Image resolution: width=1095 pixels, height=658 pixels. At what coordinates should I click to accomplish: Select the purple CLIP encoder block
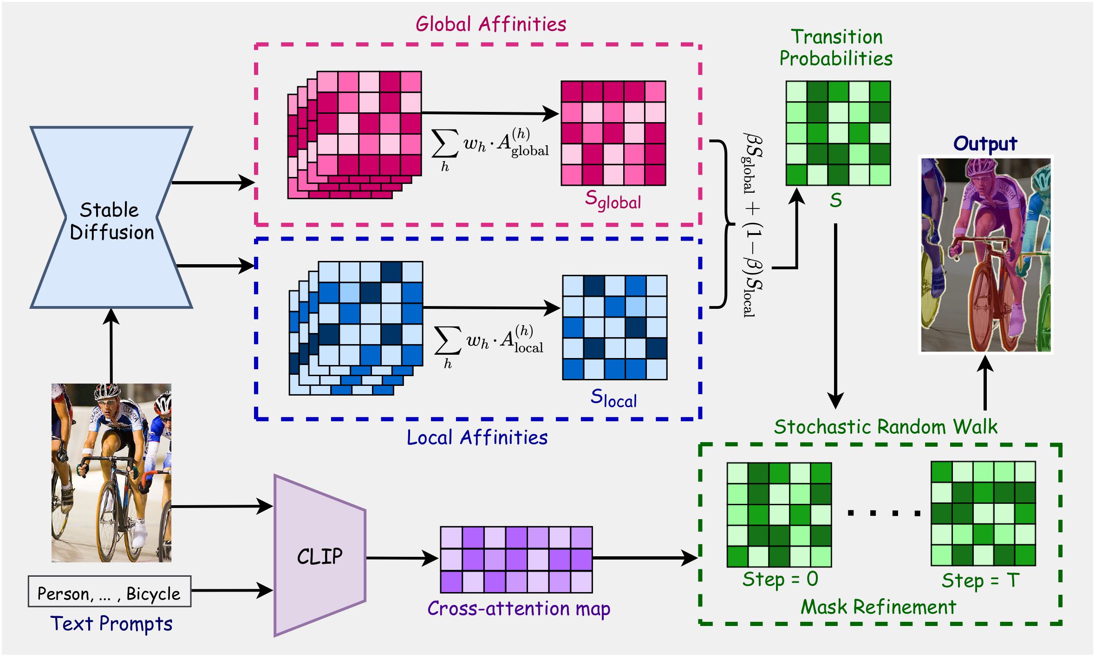[x=319, y=555]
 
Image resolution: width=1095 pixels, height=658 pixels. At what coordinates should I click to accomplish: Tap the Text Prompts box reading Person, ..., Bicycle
[x=109, y=592]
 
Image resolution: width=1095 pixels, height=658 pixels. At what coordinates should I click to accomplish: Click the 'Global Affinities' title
[x=490, y=24]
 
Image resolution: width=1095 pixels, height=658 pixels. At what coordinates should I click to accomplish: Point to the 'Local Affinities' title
[x=477, y=437]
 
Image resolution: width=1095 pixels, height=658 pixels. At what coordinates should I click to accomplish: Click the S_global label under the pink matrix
[x=613, y=201]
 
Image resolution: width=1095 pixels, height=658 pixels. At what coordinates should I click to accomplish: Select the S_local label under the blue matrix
[x=613, y=398]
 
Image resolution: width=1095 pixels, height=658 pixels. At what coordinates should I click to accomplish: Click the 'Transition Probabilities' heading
[x=836, y=48]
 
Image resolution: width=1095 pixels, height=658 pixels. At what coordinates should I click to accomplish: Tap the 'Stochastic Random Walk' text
[x=885, y=427]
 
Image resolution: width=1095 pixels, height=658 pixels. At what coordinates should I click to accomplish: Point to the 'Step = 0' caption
[x=780, y=579]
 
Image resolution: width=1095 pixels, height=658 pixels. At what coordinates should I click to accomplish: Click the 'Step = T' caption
[x=980, y=580]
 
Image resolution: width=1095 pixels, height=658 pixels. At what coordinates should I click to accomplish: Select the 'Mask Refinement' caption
[x=878, y=607]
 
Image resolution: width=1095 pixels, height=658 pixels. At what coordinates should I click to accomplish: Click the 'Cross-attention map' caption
[x=518, y=608]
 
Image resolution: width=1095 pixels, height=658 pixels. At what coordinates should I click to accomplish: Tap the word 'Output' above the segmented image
[x=985, y=143]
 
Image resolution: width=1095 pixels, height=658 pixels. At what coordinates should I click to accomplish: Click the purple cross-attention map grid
[x=516, y=560]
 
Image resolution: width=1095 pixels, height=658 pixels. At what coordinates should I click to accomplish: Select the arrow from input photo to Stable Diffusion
[x=111, y=346]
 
